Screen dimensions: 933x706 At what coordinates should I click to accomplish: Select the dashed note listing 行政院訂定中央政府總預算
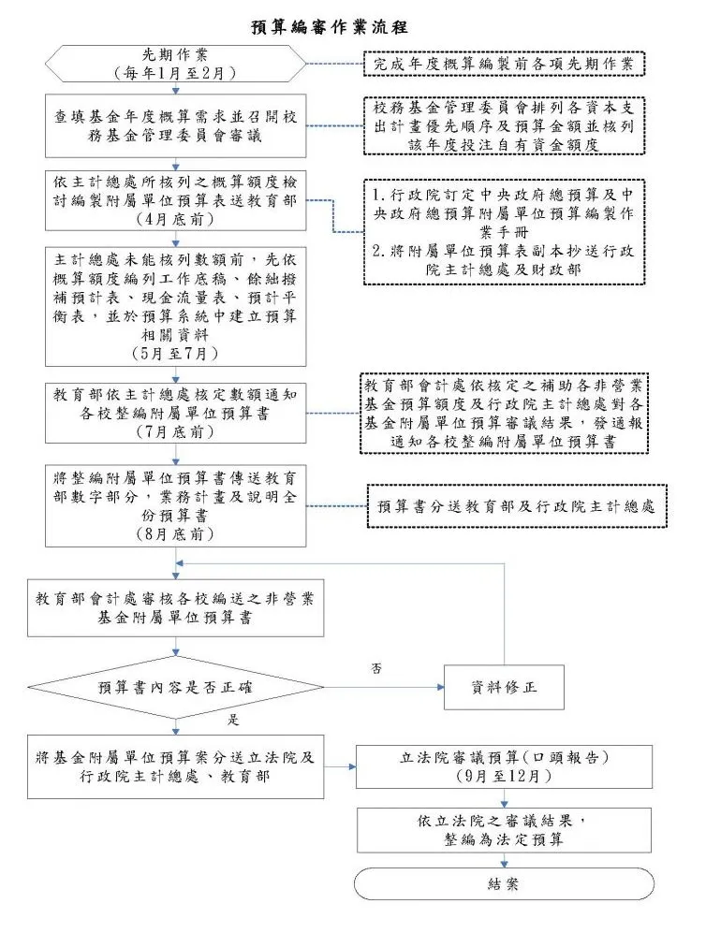(x=503, y=230)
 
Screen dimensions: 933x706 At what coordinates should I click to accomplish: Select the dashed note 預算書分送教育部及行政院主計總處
(x=515, y=506)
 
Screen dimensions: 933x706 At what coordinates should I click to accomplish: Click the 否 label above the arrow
(x=376, y=668)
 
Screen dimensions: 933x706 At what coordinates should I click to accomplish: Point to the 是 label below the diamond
(x=234, y=721)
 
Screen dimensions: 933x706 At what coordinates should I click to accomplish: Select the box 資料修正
(x=504, y=688)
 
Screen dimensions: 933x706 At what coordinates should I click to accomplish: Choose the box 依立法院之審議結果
(x=504, y=830)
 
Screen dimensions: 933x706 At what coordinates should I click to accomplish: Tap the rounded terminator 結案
(x=504, y=883)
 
